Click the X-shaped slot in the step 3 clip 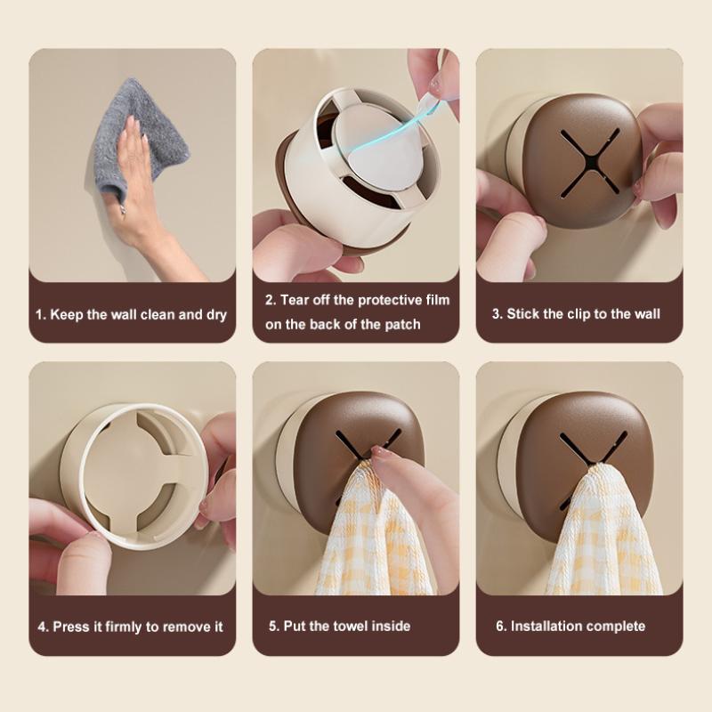click(589, 163)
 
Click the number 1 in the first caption click(39, 315)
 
